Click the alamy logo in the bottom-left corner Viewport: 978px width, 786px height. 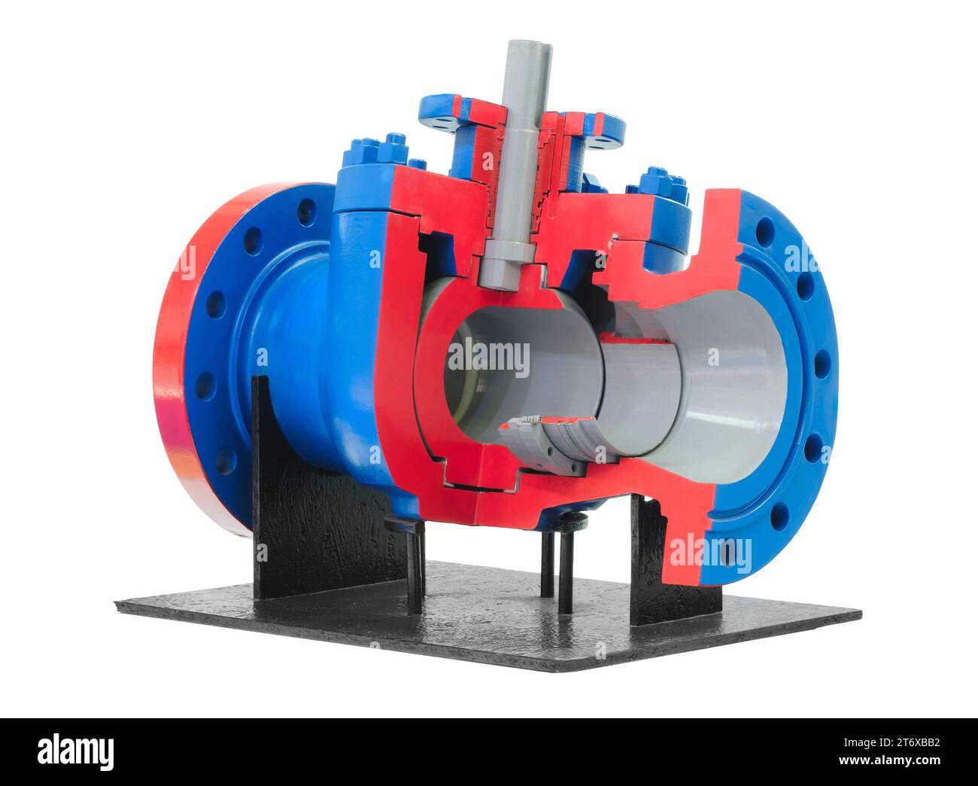pyautogui.click(x=75, y=750)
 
